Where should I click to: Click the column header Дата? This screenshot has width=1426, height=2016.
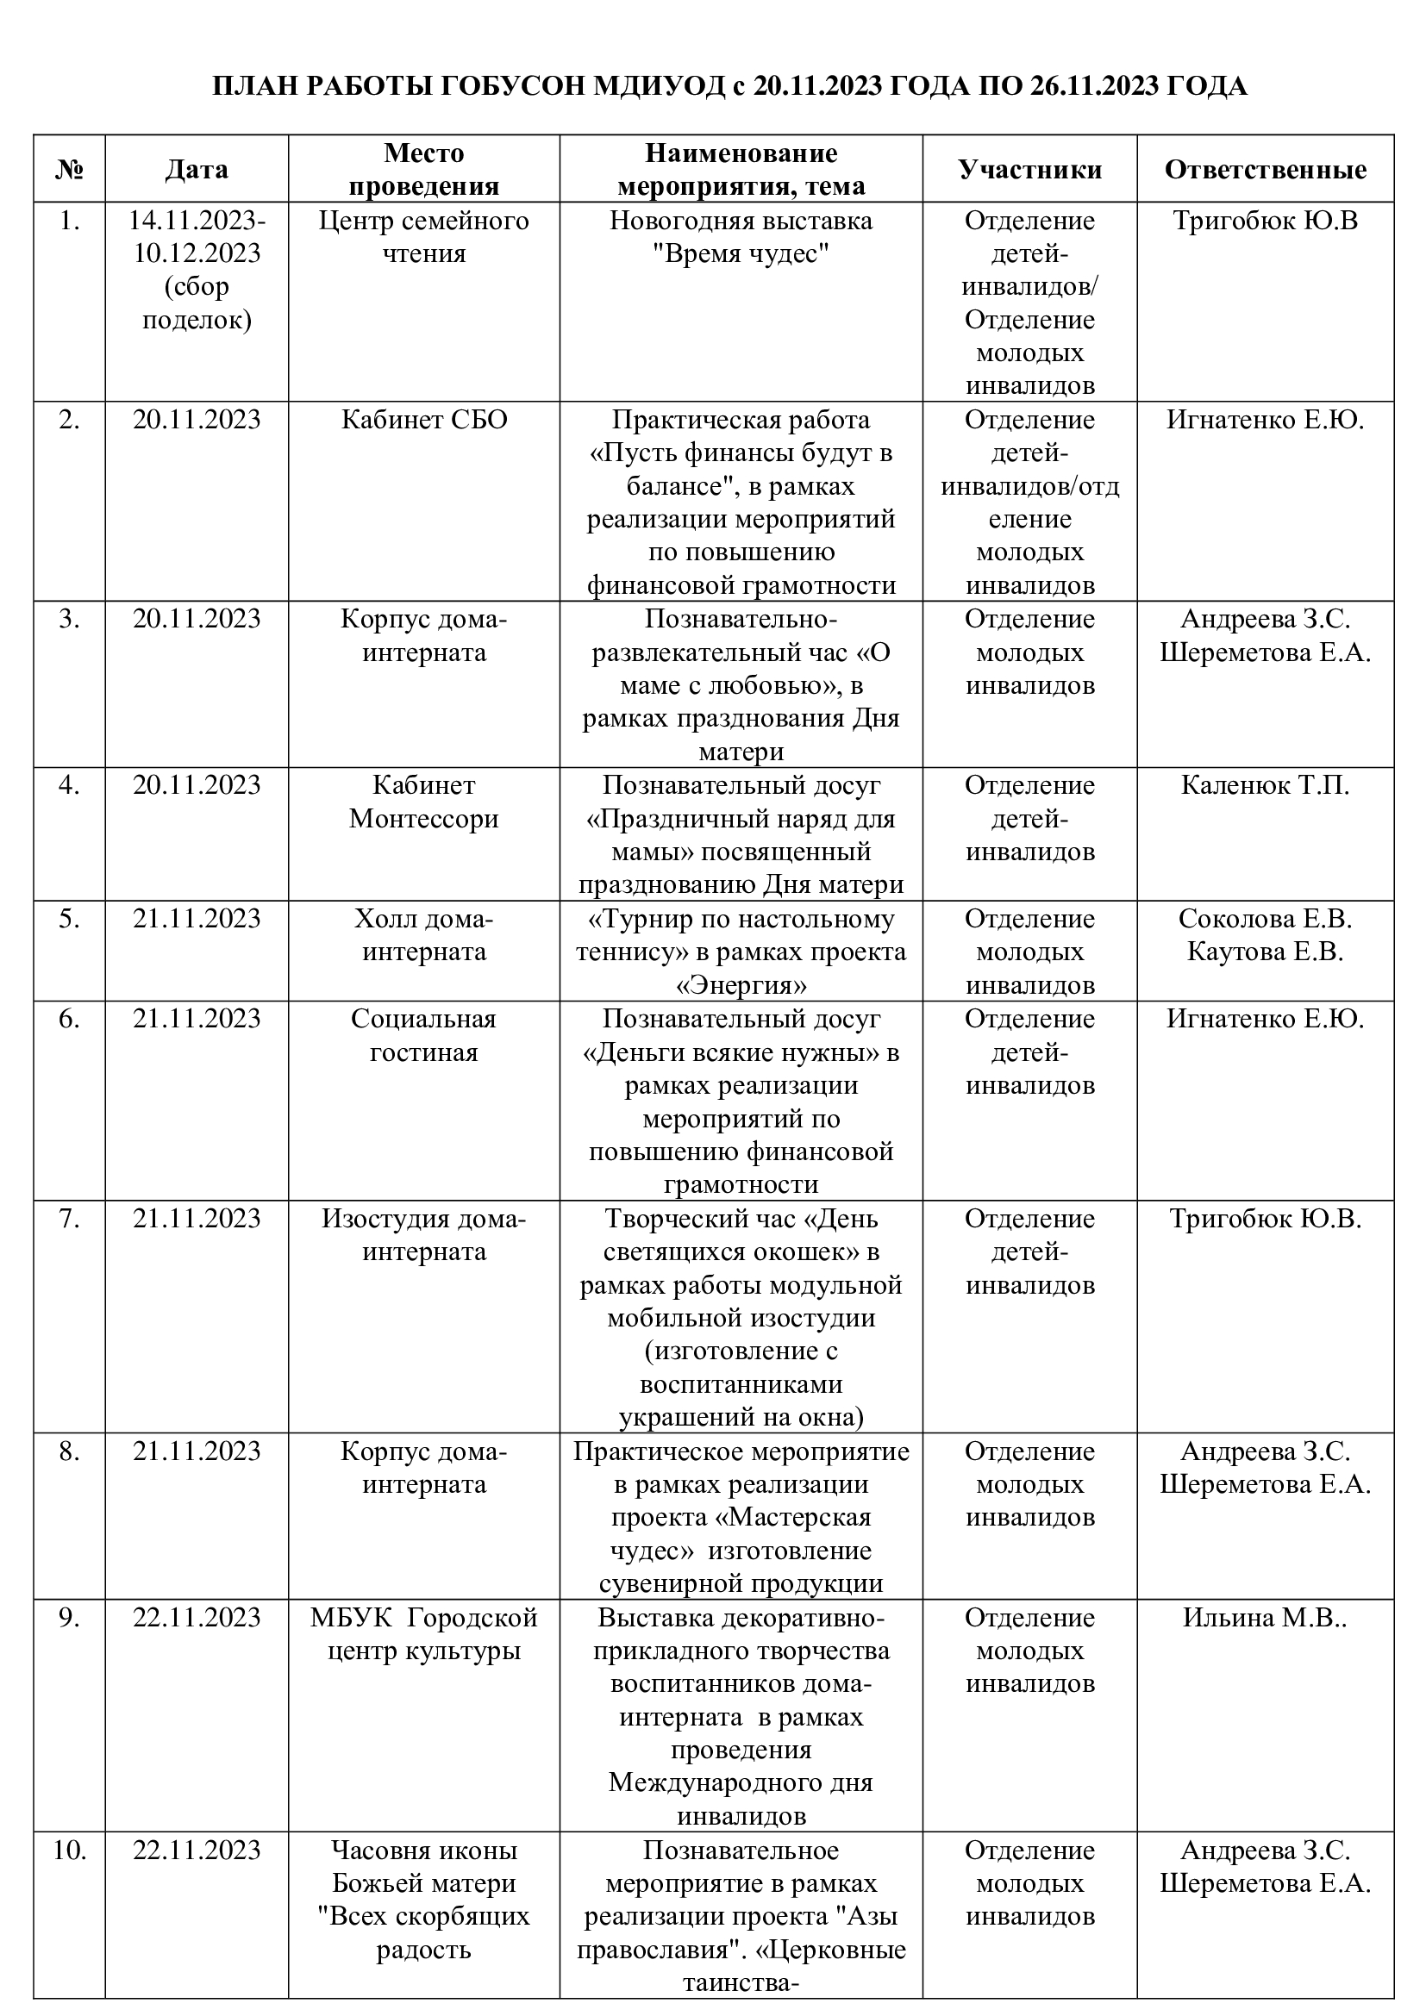coord(196,170)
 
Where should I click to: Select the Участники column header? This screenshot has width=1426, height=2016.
coord(1029,170)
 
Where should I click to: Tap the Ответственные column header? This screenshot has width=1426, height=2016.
coord(1265,170)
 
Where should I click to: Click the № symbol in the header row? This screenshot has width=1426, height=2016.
coord(69,170)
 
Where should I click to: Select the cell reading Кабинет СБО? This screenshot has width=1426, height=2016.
coord(424,420)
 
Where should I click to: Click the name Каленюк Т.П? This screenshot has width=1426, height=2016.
coord(1265,785)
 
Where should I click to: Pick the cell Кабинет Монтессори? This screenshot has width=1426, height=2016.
coord(424,802)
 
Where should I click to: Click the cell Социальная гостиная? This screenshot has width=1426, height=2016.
coord(424,1035)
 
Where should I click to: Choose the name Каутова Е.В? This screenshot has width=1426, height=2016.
coord(1265,952)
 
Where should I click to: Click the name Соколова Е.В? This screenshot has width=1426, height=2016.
coord(1265,919)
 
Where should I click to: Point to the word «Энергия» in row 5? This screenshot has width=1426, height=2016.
coord(741,985)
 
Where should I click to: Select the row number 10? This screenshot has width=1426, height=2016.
coord(69,1850)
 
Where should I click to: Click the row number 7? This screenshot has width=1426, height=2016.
coord(69,1219)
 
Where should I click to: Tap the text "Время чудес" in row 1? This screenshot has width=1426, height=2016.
coord(741,253)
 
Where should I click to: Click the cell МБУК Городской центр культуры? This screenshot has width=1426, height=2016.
coord(424,1634)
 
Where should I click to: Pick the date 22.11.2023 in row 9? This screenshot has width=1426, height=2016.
coord(197,1617)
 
